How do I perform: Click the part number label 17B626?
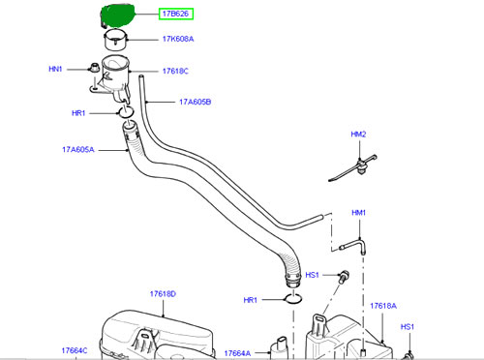175,14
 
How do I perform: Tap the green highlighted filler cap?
117,15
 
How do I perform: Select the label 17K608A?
178,39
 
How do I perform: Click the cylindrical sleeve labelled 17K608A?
115,40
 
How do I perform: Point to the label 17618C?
175,71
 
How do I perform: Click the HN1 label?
55,69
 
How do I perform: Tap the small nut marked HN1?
94,68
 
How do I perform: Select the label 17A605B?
196,102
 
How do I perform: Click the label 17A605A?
78,150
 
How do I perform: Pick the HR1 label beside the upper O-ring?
78,113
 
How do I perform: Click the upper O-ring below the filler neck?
126,112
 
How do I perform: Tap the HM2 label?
358,135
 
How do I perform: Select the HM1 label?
358,213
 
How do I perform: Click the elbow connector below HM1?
356,245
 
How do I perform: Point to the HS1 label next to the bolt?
312,275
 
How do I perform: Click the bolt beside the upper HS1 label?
344,277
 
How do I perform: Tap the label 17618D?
163,294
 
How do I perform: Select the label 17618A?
383,306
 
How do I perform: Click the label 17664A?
237,353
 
